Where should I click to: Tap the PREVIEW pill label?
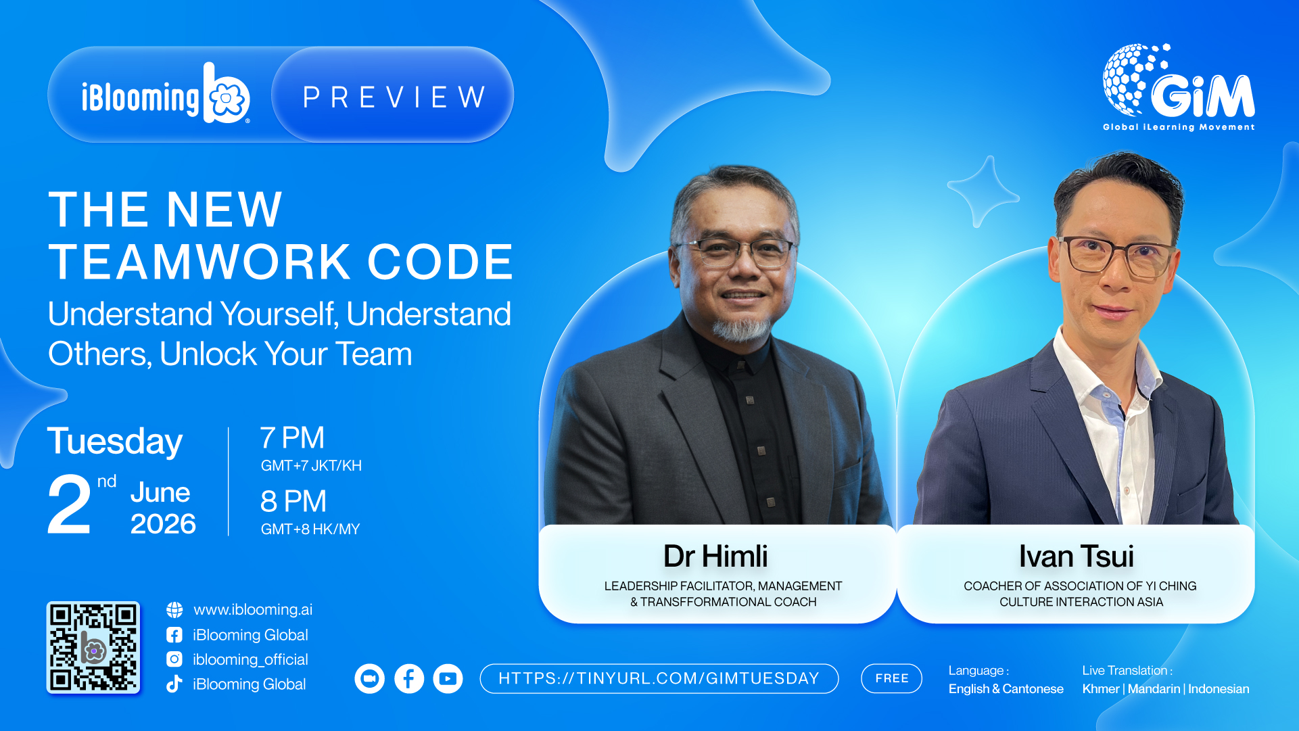[x=393, y=95]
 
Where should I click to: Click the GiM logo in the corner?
[x=1179, y=87]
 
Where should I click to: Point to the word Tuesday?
[x=115, y=442]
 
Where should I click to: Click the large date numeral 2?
[x=69, y=504]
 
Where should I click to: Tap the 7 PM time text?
[x=292, y=438]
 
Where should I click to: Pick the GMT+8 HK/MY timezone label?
[x=310, y=529]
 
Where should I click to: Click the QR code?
[x=93, y=647]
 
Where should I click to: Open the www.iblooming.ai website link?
[x=253, y=609]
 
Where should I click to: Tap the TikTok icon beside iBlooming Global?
[x=174, y=684]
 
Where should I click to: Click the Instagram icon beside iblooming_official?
[x=174, y=659]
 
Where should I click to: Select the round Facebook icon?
[x=409, y=678]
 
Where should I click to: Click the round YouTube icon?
[x=448, y=678]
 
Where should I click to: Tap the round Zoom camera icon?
[x=370, y=678]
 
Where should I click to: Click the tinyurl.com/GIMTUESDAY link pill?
[x=659, y=678]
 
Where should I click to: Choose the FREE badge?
[x=892, y=678]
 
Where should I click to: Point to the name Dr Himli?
[x=716, y=557]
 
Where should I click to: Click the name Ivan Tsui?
[x=1077, y=557]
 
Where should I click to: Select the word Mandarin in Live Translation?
[x=1154, y=689]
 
